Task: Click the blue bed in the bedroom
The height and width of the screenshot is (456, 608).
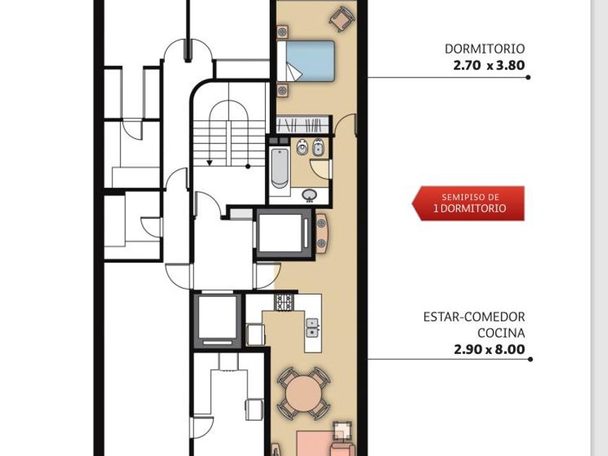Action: point(306,61)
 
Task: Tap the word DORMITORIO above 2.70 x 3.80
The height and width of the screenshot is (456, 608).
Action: point(485,49)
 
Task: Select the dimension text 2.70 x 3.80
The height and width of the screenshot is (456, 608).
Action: point(489,65)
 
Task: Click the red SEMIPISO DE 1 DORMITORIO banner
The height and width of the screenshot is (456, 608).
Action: point(468,203)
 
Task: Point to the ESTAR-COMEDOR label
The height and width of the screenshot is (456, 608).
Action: point(474,317)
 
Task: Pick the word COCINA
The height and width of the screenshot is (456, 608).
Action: point(501,333)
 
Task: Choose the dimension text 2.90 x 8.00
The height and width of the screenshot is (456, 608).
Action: point(489,350)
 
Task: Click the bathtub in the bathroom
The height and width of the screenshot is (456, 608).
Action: point(279,167)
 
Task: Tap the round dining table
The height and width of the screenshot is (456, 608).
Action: point(304,394)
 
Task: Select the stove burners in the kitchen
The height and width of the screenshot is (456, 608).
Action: point(284,302)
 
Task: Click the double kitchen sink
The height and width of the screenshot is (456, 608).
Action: point(312,328)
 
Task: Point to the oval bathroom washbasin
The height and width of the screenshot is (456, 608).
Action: point(309,195)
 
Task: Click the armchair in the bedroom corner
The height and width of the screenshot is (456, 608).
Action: point(342,19)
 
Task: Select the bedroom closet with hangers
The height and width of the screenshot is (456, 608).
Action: point(303,125)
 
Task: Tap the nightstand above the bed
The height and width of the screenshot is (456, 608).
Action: point(282,31)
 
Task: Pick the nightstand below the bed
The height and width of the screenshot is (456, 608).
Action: point(282,90)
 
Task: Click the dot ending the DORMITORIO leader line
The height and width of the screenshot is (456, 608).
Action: point(528,77)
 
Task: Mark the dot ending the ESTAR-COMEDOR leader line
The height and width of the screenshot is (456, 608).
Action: point(530,360)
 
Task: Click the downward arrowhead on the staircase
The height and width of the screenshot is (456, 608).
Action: point(209,163)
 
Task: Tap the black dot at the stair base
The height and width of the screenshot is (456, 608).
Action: point(248,166)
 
